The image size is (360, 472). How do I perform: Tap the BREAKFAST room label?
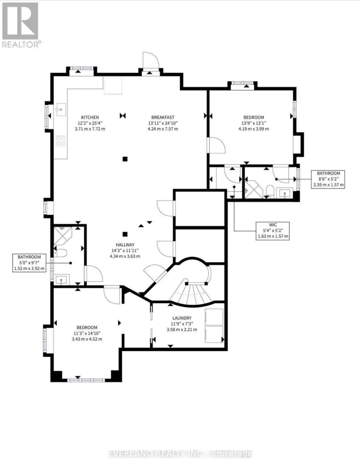[162, 117]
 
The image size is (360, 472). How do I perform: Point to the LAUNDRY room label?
[182, 318]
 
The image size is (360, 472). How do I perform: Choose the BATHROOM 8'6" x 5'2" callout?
[328, 179]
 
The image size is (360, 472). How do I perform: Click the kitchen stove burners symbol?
[61, 140]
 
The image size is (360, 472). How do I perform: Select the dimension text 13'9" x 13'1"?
[253, 123]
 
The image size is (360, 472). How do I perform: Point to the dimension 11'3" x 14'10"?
[87, 333]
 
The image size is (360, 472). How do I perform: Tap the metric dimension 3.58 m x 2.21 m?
[182, 330]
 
